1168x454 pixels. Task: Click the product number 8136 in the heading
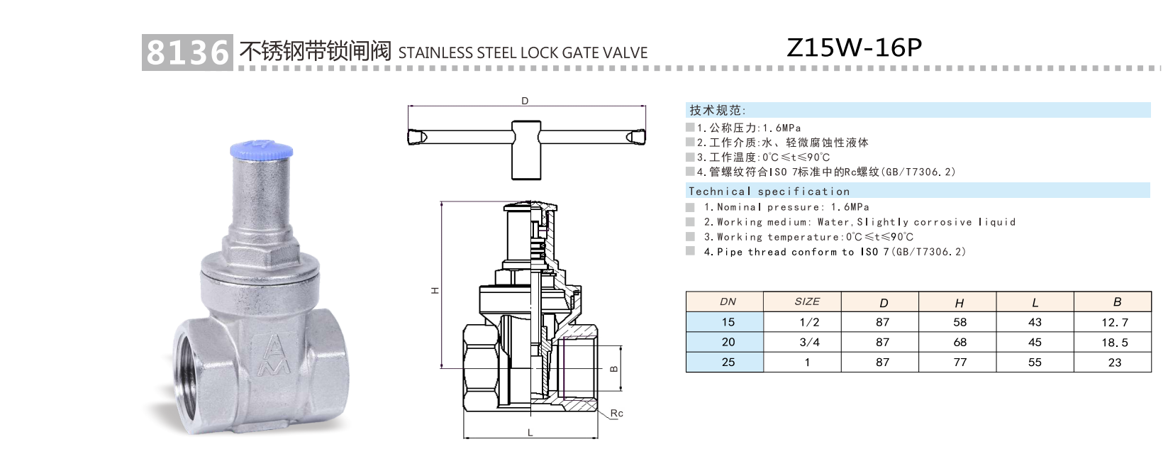(x=187, y=52)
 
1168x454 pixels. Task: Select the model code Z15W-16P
(x=854, y=48)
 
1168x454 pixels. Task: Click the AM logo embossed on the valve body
(x=275, y=356)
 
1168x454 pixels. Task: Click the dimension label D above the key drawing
(x=525, y=101)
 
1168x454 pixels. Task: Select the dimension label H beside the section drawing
(x=435, y=290)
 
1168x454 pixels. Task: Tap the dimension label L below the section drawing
(x=530, y=433)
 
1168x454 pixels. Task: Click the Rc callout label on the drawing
(x=616, y=414)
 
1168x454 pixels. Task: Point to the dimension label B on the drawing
(x=614, y=368)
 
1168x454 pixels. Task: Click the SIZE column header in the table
(x=807, y=301)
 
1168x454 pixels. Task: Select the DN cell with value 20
(x=728, y=342)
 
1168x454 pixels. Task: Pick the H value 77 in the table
(x=960, y=362)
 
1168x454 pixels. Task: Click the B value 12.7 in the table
(x=1114, y=323)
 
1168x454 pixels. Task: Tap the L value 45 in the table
(x=1035, y=343)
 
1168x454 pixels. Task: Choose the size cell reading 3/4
(x=808, y=343)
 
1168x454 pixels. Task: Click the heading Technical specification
(x=769, y=192)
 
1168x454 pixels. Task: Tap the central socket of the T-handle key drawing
(x=525, y=149)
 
